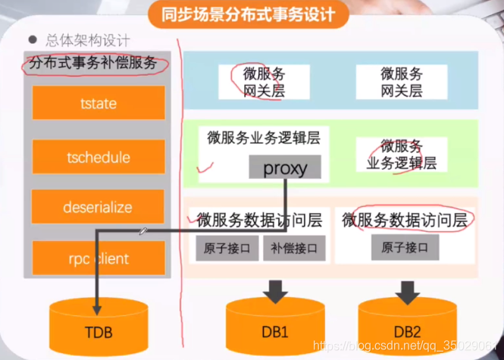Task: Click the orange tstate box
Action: (99, 102)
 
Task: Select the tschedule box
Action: (99, 158)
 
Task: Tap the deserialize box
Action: (99, 207)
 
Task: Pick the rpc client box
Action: (99, 258)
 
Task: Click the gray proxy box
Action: (285, 167)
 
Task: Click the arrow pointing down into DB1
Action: (274, 290)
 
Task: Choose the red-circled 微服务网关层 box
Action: (264, 83)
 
